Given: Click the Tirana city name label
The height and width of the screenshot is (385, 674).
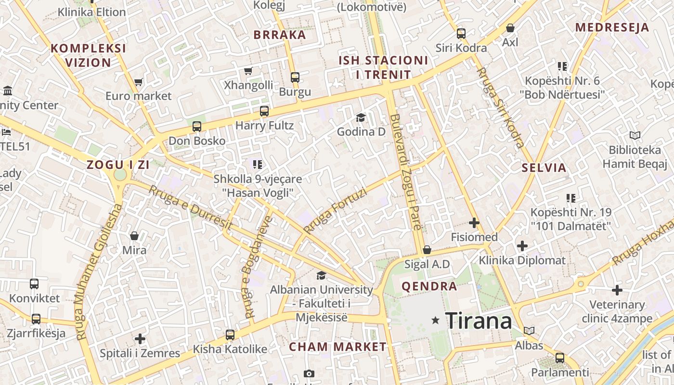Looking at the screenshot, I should [x=479, y=321].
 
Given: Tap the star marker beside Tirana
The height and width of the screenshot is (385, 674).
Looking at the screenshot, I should [x=436, y=320].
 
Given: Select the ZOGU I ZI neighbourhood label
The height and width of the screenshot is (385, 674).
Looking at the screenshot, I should [x=118, y=165].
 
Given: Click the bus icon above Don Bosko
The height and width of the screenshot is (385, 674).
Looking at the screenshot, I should [x=197, y=127].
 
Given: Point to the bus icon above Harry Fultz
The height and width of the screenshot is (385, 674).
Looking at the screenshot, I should [x=264, y=111].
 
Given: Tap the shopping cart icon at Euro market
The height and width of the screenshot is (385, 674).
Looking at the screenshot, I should [x=139, y=82].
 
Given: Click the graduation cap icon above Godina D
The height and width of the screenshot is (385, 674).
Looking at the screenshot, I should [x=361, y=117].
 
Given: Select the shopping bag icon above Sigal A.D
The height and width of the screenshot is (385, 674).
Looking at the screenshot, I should [x=427, y=250].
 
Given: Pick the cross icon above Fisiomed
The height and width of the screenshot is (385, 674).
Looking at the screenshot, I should [x=474, y=223].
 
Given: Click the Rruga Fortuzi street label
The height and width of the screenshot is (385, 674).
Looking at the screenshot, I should [x=336, y=211].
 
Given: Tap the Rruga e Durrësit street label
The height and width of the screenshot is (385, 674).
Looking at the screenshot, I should [x=191, y=207].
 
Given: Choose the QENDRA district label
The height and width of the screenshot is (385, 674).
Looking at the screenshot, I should [x=429, y=287].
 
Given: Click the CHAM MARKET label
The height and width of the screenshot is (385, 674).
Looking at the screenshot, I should [x=337, y=346].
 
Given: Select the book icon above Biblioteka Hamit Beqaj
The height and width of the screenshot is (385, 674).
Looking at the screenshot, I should [x=635, y=136].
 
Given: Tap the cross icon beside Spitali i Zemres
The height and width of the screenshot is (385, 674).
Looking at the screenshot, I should [x=140, y=339].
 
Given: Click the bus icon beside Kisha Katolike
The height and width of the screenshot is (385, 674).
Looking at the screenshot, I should [x=230, y=334].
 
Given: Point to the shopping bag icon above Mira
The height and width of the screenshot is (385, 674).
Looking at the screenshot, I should [x=134, y=236].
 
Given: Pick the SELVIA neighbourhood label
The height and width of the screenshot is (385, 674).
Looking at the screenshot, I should [x=544, y=168].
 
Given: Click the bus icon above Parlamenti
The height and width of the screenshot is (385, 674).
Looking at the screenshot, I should [x=559, y=358].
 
